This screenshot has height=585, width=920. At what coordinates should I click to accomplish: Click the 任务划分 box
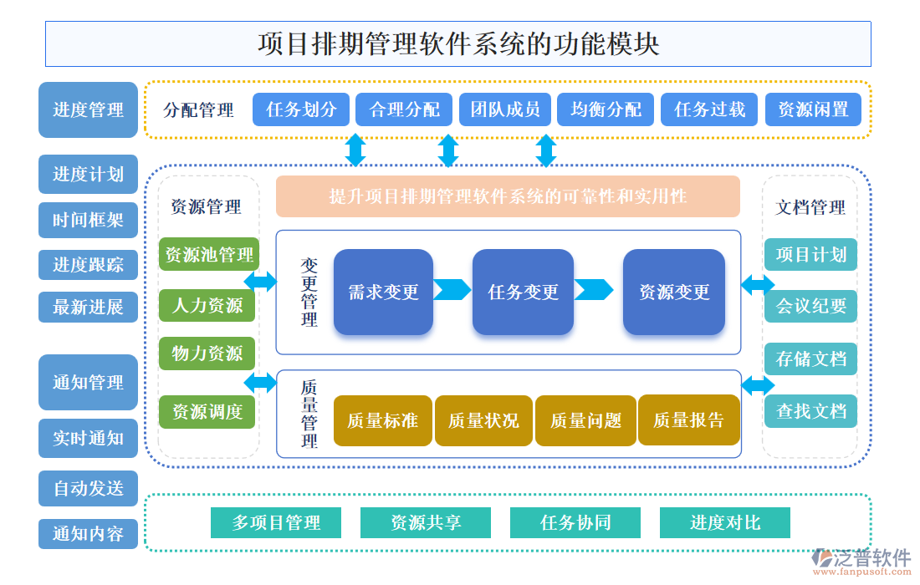(x=301, y=109)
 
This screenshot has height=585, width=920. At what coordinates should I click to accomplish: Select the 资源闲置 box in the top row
(x=813, y=109)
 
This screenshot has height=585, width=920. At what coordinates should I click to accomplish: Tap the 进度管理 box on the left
(x=88, y=109)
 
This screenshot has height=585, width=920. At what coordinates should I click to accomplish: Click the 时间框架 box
(x=88, y=220)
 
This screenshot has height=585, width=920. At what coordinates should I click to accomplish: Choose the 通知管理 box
(x=88, y=383)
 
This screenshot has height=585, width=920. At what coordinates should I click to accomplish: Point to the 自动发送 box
(x=88, y=488)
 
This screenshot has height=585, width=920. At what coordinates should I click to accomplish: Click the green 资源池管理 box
(x=208, y=255)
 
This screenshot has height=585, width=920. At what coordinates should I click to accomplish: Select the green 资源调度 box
(x=208, y=411)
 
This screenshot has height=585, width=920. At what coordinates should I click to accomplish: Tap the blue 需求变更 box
(x=383, y=292)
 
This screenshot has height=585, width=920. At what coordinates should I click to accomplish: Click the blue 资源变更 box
(x=674, y=292)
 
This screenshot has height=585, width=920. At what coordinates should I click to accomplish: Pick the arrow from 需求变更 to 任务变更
(x=452, y=290)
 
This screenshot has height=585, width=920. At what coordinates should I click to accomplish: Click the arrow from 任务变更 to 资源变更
(x=594, y=290)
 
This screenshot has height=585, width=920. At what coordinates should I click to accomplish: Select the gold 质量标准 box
(x=383, y=420)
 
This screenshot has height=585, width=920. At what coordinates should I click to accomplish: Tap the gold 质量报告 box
(x=688, y=420)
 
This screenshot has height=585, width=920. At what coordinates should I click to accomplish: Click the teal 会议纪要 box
(x=810, y=306)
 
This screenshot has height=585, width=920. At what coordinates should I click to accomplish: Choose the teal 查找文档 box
(x=810, y=411)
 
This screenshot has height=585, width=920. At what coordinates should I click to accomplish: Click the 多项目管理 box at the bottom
(x=276, y=522)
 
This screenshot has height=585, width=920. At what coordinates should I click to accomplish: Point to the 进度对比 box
(x=725, y=522)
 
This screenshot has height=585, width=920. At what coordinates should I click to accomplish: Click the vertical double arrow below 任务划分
(x=355, y=150)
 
